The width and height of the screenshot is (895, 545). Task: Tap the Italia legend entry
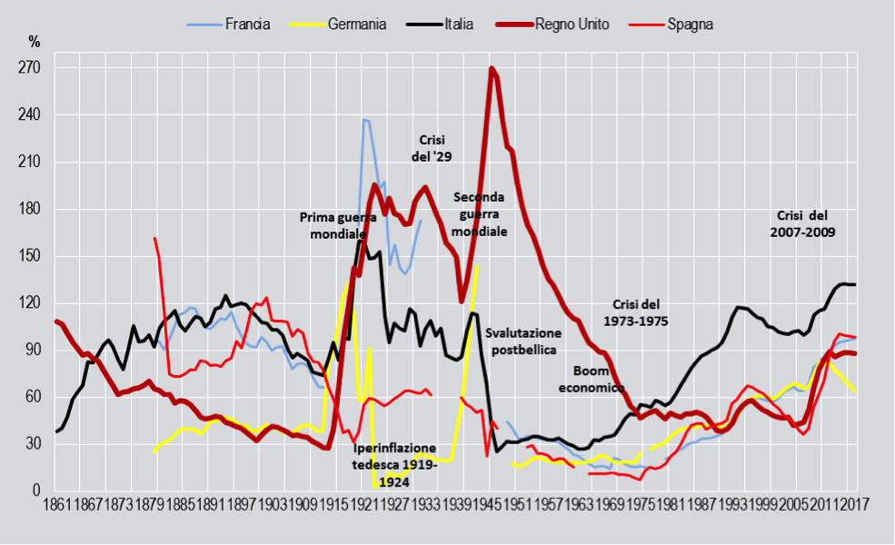[457, 25]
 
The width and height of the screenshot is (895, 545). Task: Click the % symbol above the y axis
[35, 42]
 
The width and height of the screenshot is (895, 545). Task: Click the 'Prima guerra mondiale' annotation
[339, 226]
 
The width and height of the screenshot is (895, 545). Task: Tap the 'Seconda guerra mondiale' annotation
[479, 214]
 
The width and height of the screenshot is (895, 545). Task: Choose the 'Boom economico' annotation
[598, 379]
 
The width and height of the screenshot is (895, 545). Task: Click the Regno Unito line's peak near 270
[492, 68]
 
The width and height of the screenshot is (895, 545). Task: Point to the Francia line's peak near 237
[365, 120]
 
